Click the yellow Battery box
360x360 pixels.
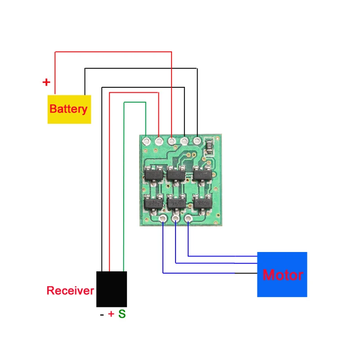69,109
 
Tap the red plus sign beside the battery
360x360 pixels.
46,82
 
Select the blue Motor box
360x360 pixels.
282,274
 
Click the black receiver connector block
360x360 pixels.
112,289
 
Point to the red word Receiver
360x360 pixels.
70,291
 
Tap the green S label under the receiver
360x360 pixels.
122,315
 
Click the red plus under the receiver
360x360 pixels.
111,315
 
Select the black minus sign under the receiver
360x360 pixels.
102,315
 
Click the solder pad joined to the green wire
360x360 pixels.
146,141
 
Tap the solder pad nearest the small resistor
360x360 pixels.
197,141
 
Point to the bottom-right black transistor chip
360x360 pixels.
202,203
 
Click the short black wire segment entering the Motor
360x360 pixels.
246,273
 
